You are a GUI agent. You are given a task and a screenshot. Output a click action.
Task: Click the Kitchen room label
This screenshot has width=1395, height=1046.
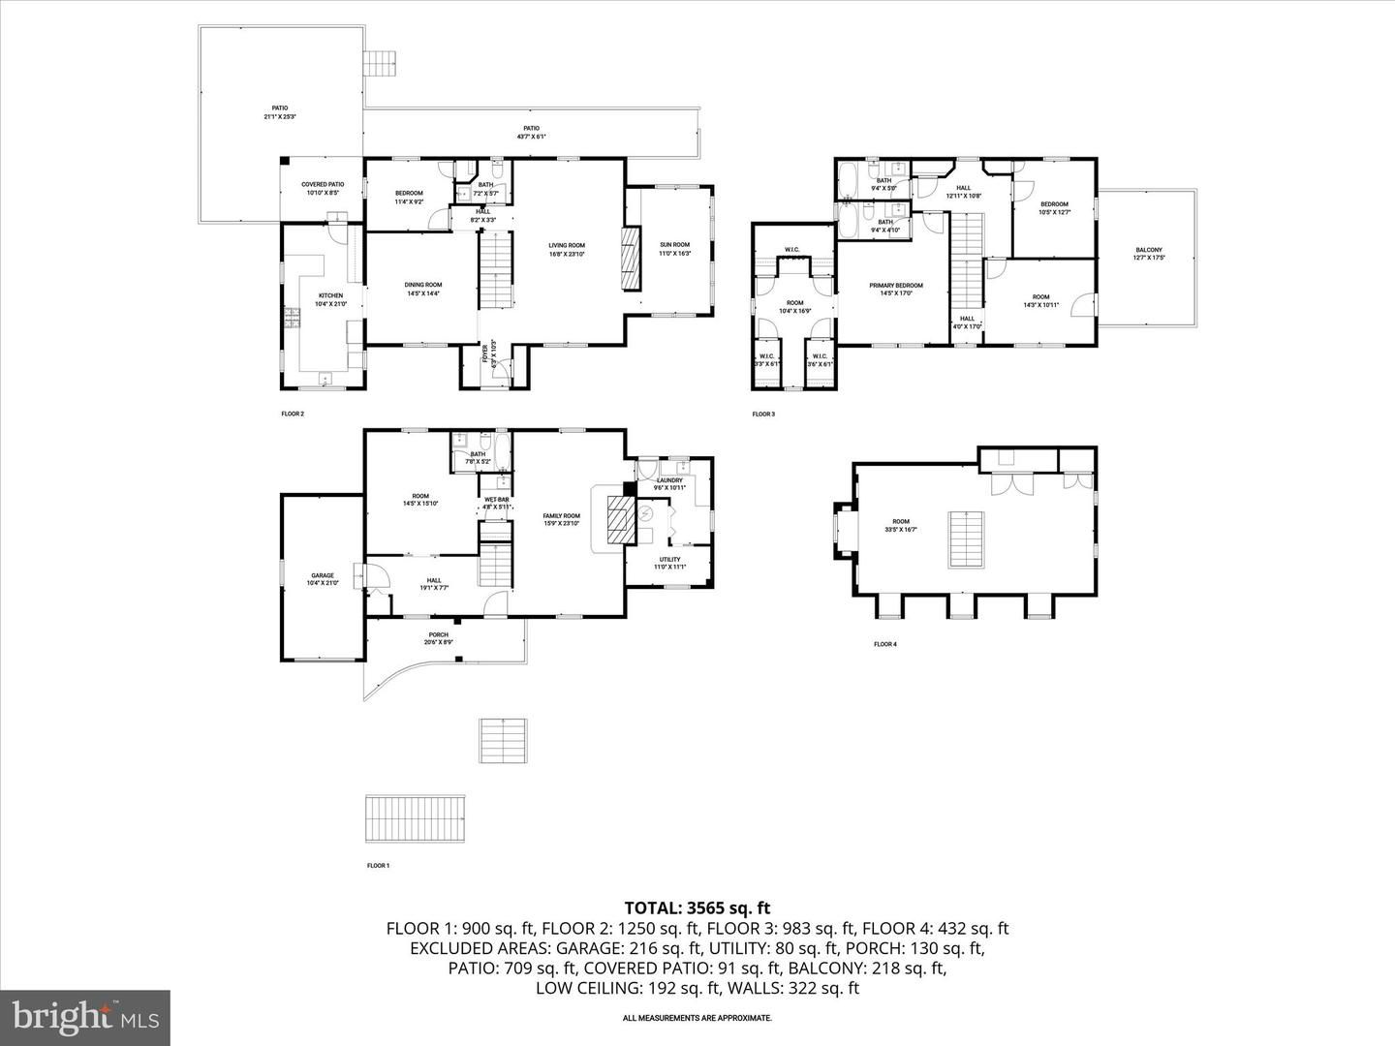331,295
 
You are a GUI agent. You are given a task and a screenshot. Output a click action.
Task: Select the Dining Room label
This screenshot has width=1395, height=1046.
423,285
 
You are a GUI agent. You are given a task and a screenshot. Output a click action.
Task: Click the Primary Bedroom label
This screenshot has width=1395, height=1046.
895,286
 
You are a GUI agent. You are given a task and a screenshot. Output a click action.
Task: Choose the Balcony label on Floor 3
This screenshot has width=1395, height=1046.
1149,250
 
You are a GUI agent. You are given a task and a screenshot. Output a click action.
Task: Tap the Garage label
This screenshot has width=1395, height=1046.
323,575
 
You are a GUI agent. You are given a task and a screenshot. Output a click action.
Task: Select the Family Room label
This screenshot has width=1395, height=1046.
562,516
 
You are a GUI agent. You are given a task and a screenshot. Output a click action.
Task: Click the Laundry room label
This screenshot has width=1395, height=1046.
669,480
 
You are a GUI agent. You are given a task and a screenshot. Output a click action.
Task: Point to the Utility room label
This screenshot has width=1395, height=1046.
669,559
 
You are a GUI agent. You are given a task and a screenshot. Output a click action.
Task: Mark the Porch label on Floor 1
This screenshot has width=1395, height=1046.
439,635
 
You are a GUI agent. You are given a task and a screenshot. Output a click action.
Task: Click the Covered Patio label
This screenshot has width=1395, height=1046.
323,184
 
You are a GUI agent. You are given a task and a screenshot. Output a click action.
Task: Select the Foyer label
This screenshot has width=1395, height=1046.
487,355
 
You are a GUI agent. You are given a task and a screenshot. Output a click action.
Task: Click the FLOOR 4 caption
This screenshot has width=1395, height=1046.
884,644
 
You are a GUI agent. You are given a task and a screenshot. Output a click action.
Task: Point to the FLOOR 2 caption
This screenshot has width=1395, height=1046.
293,414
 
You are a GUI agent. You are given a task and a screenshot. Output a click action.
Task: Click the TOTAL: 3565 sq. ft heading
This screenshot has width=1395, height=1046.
697,908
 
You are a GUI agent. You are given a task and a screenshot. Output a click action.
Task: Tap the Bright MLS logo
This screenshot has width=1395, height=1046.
85,1016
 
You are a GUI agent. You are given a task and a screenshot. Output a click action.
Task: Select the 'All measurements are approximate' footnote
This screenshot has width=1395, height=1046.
697,1018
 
